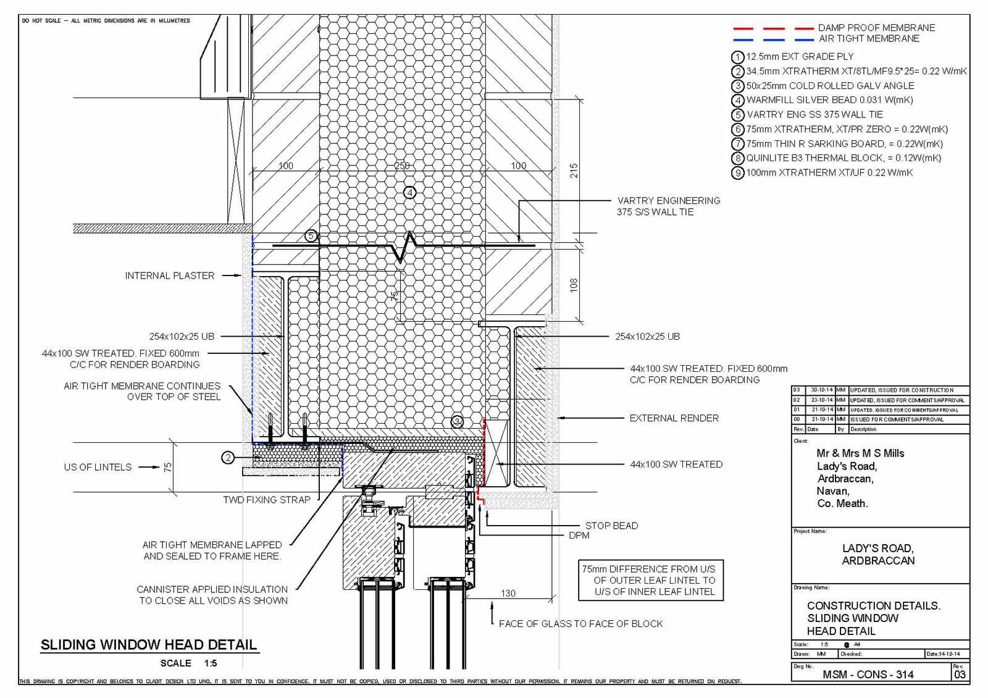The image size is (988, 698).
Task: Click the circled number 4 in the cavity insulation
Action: click(x=409, y=193)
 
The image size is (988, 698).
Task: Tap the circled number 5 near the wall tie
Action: click(x=311, y=236)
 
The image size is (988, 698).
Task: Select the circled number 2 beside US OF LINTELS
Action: click(x=228, y=458)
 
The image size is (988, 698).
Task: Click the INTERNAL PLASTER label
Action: click(x=170, y=275)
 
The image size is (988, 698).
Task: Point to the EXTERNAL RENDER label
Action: click(x=674, y=418)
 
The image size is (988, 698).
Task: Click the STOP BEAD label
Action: click(x=611, y=526)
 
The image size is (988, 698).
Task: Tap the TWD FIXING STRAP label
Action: click(x=267, y=500)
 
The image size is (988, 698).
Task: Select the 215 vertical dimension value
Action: click(x=574, y=170)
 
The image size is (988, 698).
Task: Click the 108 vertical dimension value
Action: click(x=574, y=285)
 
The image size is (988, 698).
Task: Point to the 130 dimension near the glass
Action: click(x=508, y=593)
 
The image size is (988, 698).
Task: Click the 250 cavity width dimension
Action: click(x=402, y=166)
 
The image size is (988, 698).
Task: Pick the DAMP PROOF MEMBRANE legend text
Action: click(x=876, y=28)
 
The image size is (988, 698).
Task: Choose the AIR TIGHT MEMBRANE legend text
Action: click(x=869, y=38)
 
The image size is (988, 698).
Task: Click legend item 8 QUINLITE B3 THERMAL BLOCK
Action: click(x=844, y=158)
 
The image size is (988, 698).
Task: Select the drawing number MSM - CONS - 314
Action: click(x=868, y=675)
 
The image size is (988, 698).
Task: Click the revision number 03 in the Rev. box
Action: click(x=960, y=675)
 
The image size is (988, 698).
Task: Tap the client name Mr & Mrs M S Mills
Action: click(x=860, y=453)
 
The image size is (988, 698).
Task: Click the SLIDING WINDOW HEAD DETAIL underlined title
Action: click(x=149, y=645)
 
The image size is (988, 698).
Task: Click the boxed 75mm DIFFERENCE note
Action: click(x=650, y=580)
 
